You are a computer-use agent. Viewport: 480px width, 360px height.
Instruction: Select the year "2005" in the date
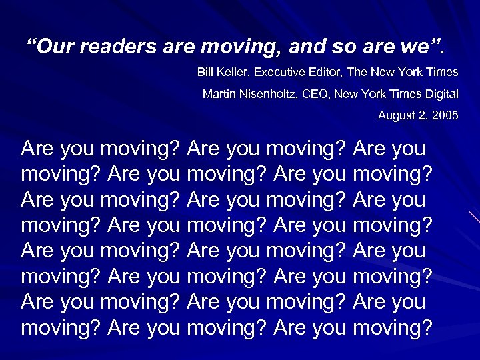(x=445, y=115)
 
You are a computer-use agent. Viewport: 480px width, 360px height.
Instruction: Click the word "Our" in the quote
(x=51, y=48)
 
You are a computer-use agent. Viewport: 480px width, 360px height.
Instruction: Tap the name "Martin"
(x=218, y=94)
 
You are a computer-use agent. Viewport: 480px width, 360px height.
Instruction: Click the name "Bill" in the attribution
(x=205, y=72)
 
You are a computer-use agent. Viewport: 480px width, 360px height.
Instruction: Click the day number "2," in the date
(x=424, y=115)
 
